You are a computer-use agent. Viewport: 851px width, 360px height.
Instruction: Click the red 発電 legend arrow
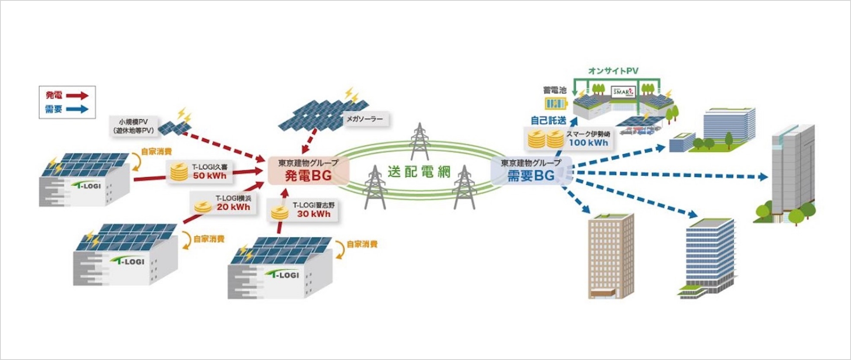77,96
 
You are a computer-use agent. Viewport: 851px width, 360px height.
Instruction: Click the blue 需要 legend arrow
77,109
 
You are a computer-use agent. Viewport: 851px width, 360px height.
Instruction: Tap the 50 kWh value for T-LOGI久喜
209,176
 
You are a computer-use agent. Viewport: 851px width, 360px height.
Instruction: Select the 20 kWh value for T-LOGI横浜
233,207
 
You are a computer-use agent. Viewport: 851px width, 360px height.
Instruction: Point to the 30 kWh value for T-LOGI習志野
314,214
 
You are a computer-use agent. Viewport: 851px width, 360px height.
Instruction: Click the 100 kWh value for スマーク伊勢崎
588,142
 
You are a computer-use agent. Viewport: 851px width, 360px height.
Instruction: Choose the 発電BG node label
308,176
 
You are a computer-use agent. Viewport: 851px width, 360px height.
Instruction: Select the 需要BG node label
531,176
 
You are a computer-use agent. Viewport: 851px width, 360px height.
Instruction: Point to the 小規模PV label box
133,126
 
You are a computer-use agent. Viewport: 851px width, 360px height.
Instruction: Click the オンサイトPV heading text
613,71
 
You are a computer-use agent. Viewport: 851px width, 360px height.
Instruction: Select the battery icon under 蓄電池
555,104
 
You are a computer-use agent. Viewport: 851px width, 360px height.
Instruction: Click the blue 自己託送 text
548,120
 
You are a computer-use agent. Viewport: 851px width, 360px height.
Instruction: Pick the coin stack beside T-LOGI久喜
178,171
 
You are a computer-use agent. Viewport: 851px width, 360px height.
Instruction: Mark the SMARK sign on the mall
623,92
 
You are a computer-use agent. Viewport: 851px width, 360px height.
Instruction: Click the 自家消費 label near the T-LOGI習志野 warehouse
362,244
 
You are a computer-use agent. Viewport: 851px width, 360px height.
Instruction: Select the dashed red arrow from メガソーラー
309,141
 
